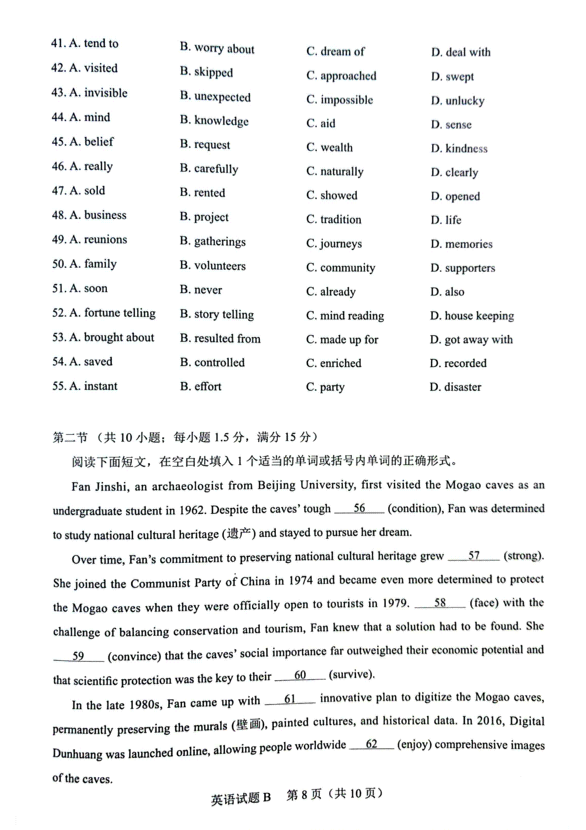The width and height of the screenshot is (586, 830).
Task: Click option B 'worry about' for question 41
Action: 217,48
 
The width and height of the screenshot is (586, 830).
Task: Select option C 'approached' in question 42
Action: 341,76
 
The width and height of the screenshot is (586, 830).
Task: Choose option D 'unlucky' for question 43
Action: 458,101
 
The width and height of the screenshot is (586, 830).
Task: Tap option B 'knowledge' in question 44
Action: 214,121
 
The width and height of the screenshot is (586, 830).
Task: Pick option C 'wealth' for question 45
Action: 330,148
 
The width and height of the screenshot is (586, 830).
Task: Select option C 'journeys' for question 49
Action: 334,243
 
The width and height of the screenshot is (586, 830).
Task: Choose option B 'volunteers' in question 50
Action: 213,266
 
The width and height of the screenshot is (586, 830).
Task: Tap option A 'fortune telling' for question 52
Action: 104,313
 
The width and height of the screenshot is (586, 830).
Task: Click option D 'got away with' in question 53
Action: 471,340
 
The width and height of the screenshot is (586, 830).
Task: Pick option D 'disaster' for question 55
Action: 456,387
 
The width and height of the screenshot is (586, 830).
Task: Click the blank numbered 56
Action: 359,509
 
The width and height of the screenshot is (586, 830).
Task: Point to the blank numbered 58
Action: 440,603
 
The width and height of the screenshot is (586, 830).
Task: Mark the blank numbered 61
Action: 290,700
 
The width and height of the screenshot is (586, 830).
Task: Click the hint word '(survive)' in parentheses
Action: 352,675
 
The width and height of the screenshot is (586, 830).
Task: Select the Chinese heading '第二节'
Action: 70,437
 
